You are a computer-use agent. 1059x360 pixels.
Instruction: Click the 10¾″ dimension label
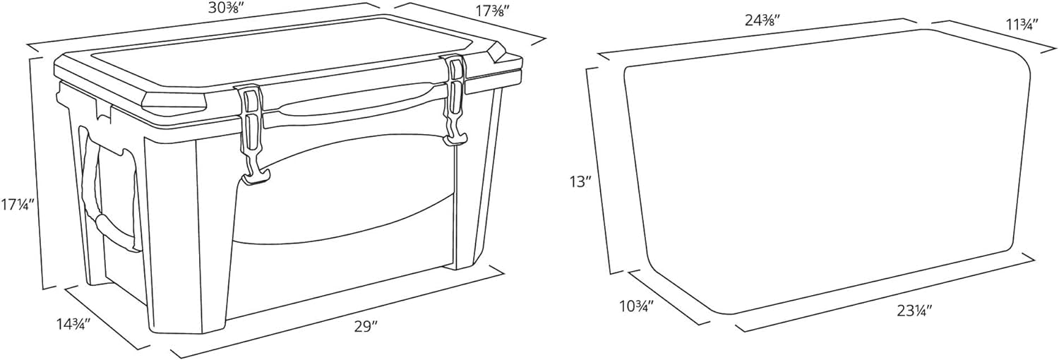[636, 307]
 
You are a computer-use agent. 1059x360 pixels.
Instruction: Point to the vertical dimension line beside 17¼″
[37, 172]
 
